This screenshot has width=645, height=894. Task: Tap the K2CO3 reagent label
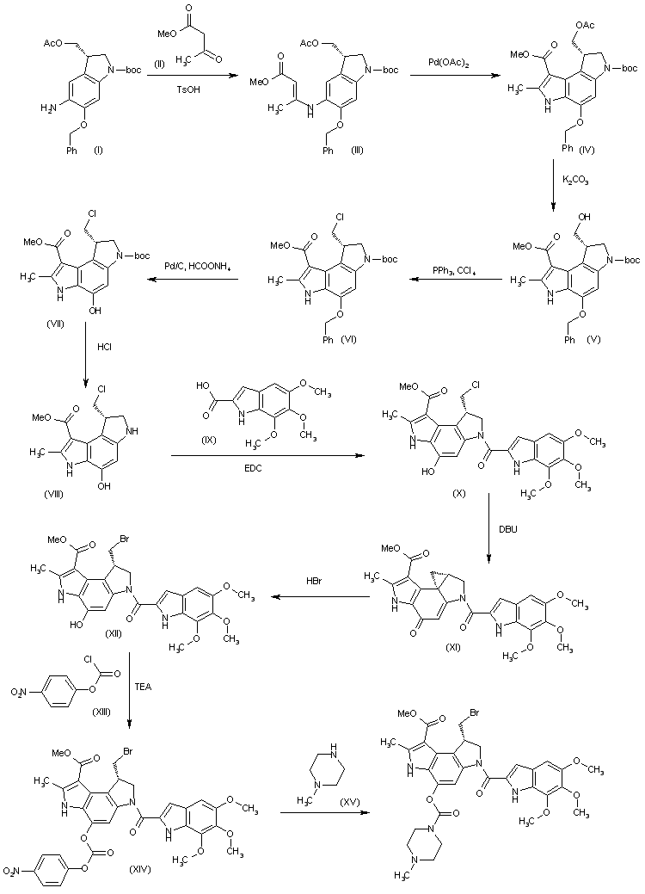(575, 181)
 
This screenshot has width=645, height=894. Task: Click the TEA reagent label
(143, 687)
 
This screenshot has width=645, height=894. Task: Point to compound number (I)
(98, 151)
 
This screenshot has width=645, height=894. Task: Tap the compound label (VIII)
(53, 494)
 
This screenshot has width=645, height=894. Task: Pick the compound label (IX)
(208, 440)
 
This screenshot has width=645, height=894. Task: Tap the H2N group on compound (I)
(50, 106)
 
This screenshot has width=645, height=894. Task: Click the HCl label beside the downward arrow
(104, 346)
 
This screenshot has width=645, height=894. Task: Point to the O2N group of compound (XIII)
(20, 693)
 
